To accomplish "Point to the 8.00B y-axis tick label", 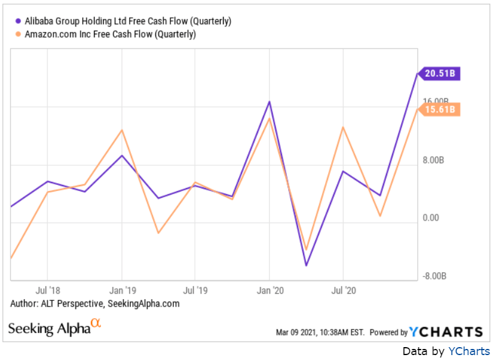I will point(433,160).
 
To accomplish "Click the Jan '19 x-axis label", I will point(122,289).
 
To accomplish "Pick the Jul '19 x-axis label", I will point(195,289).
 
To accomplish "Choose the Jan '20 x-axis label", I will point(270,289).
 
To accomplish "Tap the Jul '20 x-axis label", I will point(343,289).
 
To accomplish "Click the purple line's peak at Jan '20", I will point(269,101).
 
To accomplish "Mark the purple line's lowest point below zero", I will point(306,265).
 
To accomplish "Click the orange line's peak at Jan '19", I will point(122,130).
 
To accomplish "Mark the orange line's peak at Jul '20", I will point(343,127).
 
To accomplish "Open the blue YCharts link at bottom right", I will point(468,351).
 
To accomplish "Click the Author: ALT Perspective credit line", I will point(95,303).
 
